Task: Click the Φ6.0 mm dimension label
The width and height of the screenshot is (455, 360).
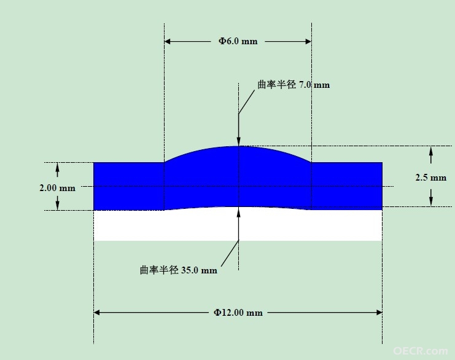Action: click(238, 41)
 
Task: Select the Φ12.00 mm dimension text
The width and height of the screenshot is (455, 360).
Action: click(238, 313)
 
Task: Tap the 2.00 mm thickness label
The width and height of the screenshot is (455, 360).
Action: click(58, 188)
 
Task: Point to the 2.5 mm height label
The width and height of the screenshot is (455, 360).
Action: click(431, 178)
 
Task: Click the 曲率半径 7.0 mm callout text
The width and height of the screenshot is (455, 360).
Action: click(294, 85)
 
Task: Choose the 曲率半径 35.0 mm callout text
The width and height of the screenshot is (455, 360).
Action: click(179, 270)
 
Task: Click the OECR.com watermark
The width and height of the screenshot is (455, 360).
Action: click(421, 351)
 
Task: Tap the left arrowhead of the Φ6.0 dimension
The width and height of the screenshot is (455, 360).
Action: click(168, 42)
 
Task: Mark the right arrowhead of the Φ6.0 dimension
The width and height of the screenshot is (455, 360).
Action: click(308, 42)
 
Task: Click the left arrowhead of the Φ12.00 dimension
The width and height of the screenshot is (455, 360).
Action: click(96, 312)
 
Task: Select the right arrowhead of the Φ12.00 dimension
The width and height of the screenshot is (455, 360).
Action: click(379, 312)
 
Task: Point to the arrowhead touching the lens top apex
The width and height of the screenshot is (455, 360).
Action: click(238, 142)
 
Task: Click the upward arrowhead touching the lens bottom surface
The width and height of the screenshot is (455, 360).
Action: click(238, 211)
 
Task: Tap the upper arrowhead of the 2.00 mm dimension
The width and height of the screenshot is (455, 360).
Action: click(58, 166)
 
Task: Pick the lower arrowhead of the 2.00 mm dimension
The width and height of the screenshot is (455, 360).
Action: click(58, 206)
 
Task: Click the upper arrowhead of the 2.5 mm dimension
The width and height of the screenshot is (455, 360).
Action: click(431, 151)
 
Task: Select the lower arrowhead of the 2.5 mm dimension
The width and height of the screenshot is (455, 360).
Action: click(431, 202)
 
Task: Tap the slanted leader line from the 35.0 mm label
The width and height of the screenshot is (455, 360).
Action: click(230, 253)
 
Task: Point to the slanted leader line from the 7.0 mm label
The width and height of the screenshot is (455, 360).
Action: click(247, 101)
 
